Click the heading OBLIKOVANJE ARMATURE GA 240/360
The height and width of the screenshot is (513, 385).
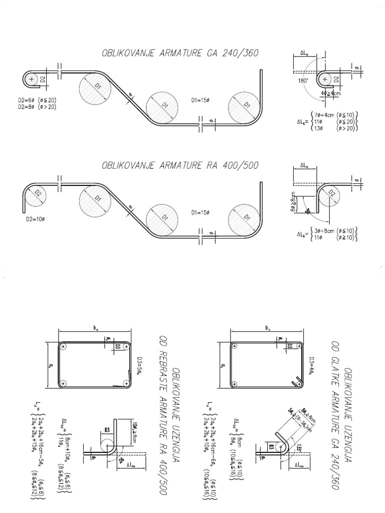pyautogui.click(x=180, y=54)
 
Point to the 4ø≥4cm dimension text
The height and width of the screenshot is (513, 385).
pyautogui.click(x=332, y=93)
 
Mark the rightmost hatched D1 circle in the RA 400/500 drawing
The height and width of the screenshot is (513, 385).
pyautogui.click(x=246, y=217)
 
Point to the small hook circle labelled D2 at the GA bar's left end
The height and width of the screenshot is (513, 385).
pyautogui.click(x=32, y=79)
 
